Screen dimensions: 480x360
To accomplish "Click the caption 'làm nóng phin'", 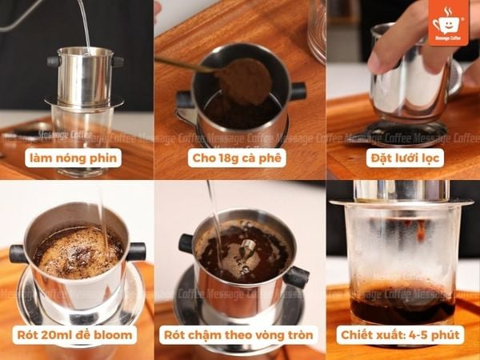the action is click(x=73, y=158).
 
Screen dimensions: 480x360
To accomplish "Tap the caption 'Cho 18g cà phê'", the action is click(x=237, y=158).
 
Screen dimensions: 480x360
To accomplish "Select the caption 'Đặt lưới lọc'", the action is click(x=405, y=158).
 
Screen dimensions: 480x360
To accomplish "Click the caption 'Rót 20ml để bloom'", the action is click(x=74, y=335).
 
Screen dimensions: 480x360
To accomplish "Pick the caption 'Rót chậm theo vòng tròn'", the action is click(x=238, y=335).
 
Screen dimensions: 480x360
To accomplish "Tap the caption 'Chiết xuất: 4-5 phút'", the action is click(x=400, y=335).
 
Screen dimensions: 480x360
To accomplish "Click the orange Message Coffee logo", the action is click(x=449, y=22).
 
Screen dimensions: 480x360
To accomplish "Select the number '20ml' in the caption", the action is click(x=56, y=335).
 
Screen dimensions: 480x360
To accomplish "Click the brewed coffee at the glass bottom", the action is click(x=402, y=306).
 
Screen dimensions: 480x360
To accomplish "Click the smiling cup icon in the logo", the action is click(x=446, y=22).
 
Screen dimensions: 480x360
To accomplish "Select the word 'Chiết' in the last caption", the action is click(x=356, y=335).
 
